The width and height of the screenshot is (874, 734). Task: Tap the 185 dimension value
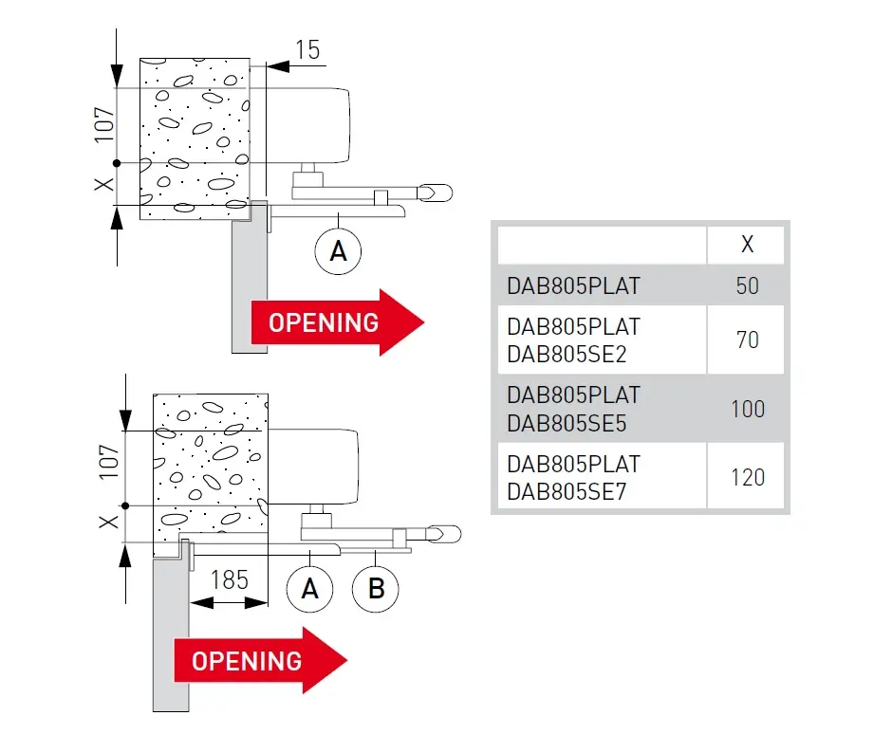[x=229, y=578]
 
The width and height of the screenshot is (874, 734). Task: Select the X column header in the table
[x=747, y=245]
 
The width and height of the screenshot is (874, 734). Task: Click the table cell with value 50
[x=747, y=284]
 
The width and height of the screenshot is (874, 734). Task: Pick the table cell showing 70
[x=747, y=339]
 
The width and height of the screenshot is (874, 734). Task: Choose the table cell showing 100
[x=747, y=408]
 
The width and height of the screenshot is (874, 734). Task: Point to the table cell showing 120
[x=747, y=476]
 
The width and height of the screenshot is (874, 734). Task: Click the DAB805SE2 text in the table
[x=567, y=354]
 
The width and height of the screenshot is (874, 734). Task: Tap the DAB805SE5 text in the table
[x=567, y=423]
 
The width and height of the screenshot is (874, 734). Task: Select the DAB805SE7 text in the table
[x=567, y=491]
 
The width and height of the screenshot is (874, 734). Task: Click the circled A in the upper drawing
[x=339, y=251]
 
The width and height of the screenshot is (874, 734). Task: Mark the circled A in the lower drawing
[x=309, y=589]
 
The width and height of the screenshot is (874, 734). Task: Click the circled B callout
[x=376, y=589]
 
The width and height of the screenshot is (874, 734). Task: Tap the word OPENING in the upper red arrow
[x=324, y=322]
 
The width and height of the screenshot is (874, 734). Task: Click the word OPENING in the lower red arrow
[x=247, y=660]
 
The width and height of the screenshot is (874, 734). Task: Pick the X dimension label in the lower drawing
[x=110, y=523]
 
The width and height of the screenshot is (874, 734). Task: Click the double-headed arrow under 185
[x=229, y=601]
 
